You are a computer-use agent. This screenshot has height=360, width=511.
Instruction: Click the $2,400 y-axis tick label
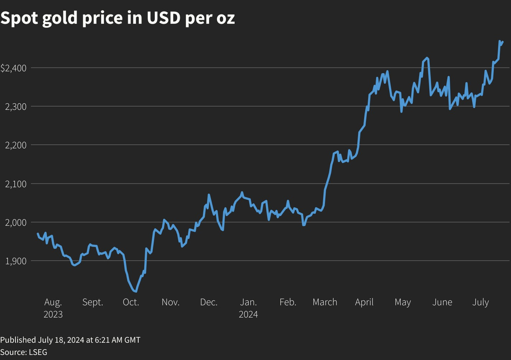click(13, 68)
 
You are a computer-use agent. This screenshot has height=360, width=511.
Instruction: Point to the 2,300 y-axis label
click(16, 107)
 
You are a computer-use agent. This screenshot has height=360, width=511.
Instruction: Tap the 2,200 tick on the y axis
click(16, 145)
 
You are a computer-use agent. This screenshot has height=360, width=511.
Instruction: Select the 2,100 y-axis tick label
click(16, 184)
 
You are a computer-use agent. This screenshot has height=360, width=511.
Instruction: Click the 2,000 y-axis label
click(16, 222)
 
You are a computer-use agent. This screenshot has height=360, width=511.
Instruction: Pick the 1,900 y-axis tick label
click(16, 261)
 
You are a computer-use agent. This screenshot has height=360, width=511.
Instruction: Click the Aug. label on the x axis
click(53, 302)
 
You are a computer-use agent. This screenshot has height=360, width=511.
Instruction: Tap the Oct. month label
click(131, 302)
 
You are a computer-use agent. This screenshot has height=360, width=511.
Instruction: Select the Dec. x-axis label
click(209, 302)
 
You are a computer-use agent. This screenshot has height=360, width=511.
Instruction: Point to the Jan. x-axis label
click(249, 302)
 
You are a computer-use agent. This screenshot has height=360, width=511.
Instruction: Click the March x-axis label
click(325, 302)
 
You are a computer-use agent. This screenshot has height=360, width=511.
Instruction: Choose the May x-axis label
click(403, 302)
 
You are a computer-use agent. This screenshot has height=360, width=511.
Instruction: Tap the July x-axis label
click(480, 302)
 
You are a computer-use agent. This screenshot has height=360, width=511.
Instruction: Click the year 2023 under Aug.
click(53, 314)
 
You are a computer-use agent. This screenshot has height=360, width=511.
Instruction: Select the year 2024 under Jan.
click(249, 314)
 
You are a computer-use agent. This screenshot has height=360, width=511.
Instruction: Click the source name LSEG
click(38, 352)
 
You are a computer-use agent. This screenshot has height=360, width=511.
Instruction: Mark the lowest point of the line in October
click(136, 291)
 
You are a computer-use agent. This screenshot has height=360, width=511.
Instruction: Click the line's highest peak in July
click(500, 41)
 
